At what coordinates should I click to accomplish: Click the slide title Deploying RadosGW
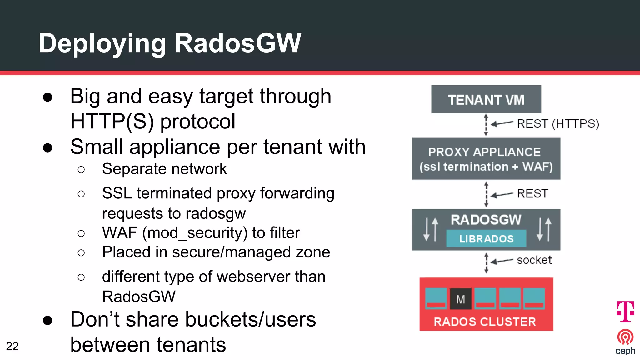170,43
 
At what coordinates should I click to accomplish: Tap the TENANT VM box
486,99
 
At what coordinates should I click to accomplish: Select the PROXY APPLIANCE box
486,159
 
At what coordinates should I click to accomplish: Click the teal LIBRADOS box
486,239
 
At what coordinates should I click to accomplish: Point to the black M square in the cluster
461,299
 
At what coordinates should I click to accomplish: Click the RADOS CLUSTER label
485,322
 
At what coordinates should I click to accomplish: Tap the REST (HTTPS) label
558,124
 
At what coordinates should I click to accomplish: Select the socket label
534,260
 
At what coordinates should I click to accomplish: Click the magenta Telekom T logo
625,311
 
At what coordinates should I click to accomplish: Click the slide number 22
12,346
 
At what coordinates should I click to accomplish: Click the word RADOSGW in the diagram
486,220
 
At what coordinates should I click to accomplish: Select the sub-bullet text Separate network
164,169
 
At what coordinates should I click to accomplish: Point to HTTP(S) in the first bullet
112,121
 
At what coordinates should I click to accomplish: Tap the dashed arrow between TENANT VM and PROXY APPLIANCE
486,125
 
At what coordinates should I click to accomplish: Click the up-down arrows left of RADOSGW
431,230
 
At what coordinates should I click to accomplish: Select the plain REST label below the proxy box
532,194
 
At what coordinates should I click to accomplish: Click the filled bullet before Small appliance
47,148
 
